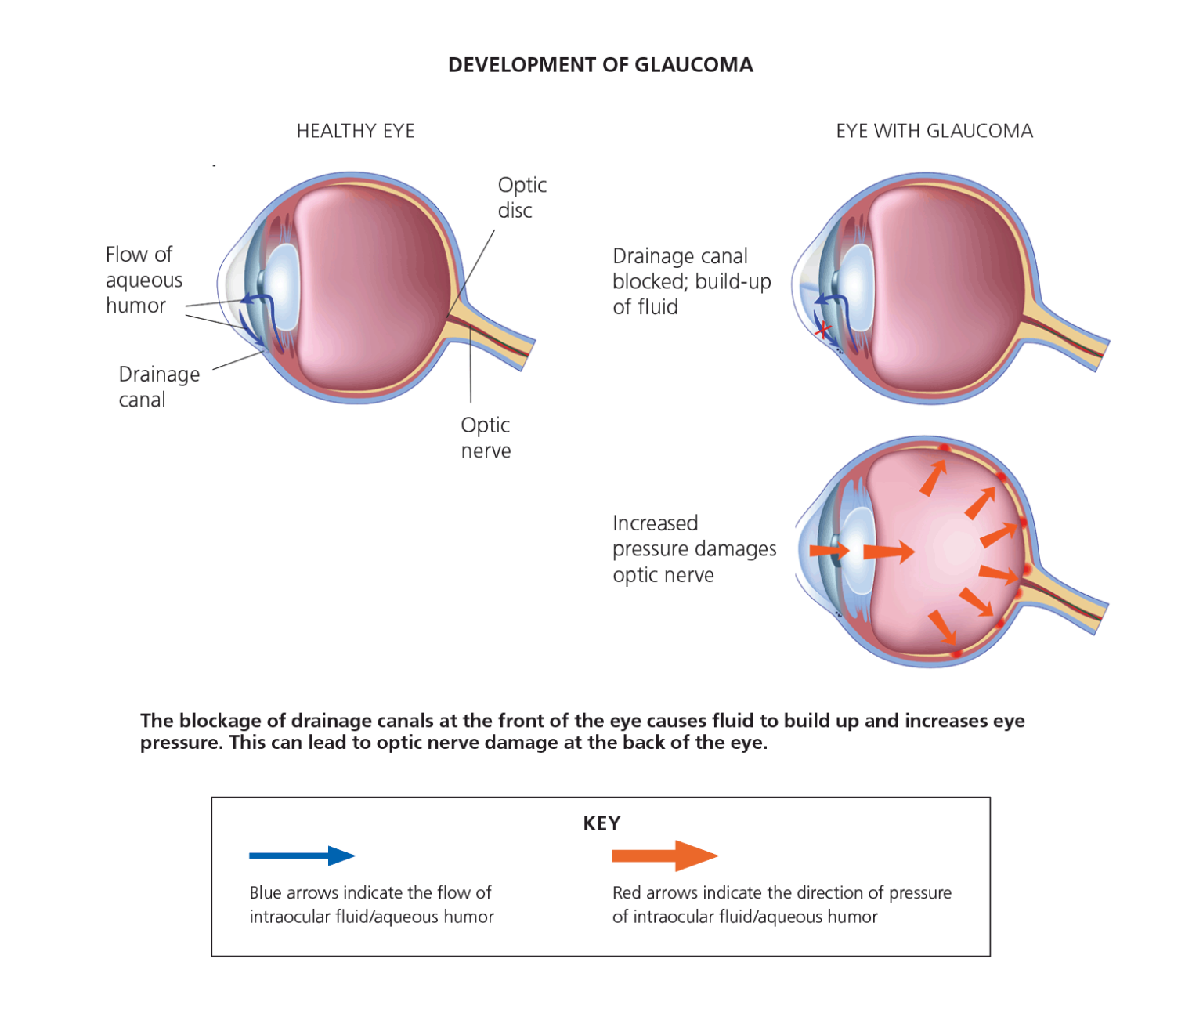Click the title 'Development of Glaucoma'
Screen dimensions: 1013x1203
tap(600, 65)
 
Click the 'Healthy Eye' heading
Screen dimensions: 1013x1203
tap(355, 131)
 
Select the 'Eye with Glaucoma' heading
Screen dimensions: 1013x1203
tap(934, 131)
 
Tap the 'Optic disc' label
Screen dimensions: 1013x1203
tap(522, 197)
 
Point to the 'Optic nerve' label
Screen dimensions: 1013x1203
tap(486, 437)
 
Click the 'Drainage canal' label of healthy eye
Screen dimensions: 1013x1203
tap(159, 386)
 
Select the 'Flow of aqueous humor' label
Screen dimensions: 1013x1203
tap(143, 280)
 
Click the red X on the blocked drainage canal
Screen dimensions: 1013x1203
tap(822, 331)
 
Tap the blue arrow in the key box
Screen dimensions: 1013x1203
tap(302, 856)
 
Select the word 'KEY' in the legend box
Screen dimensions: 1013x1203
tap(601, 823)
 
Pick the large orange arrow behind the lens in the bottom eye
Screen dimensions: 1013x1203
tap(888, 552)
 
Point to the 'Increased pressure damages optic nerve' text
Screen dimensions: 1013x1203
tap(693, 548)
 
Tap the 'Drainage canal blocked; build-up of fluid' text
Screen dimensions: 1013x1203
tap(691, 281)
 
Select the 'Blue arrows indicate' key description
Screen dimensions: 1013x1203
tap(370, 904)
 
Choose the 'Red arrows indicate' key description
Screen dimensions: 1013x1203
tap(781, 904)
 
